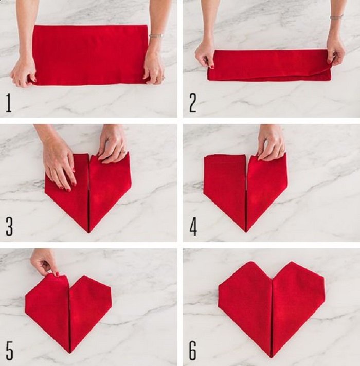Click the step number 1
tap(9, 102)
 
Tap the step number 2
tap(193, 102)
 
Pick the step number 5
tap(9, 351)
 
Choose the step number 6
tap(193, 351)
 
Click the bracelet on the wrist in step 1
tap(156, 35)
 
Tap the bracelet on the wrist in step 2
tap(336, 17)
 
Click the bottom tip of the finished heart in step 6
tap(272, 357)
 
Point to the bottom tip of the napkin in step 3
tap(89, 232)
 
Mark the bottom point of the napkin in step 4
tap(246, 231)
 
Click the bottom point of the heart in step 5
tap(70, 352)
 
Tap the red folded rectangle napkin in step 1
tap(90, 55)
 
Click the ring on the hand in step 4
tap(283, 150)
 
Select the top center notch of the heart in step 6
tap(273, 279)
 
